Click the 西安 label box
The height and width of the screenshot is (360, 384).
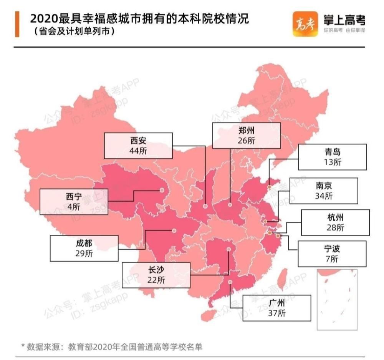point(138,145)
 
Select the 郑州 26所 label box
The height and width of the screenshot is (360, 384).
point(247,136)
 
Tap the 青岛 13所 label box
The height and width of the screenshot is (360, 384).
point(332,157)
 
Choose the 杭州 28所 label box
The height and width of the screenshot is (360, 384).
point(335,222)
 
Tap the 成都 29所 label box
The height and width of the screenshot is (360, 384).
point(84,249)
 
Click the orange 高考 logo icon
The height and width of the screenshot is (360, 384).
point(305,24)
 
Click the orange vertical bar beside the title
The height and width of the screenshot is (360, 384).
point(17,24)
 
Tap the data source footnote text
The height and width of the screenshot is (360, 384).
point(111,347)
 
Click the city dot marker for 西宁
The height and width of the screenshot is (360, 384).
point(162,190)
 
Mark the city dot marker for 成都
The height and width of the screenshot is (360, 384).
point(174,231)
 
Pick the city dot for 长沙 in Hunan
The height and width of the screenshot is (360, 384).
point(229,249)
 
